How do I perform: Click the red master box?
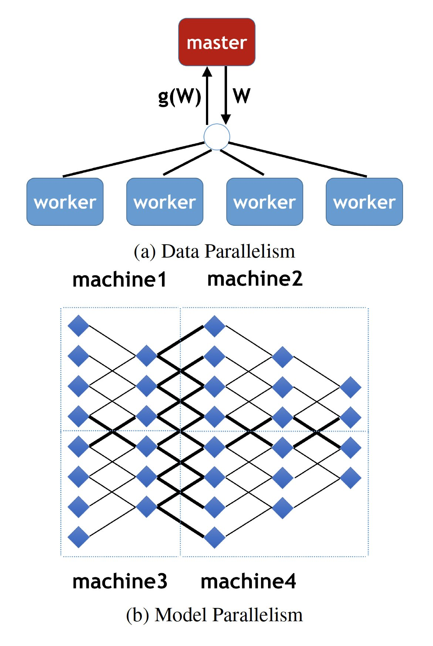tap(217, 42)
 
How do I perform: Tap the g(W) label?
tap(179, 96)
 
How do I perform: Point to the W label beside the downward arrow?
tap(241, 96)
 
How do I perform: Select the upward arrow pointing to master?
tap(207, 96)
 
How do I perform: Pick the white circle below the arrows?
tap(217, 137)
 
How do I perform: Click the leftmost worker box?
tap(65, 202)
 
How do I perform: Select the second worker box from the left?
tap(165, 202)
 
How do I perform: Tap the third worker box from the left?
tap(265, 202)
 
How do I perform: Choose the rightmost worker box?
tap(364, 202)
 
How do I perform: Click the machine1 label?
tap(119, 279)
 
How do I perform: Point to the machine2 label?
tap(255, 279)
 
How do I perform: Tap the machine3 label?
tap(120, 581)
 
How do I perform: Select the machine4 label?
tap(248, 581)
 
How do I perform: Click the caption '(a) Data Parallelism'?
tap(214, 251)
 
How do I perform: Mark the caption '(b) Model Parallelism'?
tap(214, 615)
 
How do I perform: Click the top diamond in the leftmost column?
tap(78, 326)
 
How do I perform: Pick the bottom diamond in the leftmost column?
tap(78, 537)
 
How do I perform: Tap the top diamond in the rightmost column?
tap(350, 387)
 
